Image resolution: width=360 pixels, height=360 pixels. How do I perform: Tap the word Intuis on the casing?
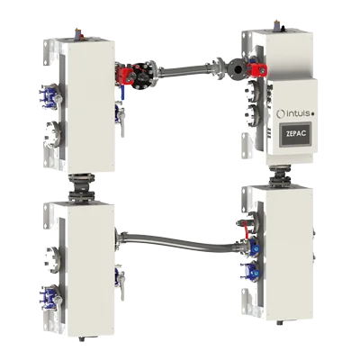tap(298, 114)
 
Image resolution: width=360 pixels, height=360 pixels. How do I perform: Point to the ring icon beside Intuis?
tap(281, 114)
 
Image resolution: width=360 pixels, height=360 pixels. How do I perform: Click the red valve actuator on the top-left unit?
tap(123, 74)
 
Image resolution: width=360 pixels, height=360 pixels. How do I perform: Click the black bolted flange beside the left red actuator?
tap(142, 76)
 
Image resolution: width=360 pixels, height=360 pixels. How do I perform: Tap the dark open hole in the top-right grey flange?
tap(238, 69)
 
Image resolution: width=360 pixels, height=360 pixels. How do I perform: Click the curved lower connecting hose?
tap(180, 240)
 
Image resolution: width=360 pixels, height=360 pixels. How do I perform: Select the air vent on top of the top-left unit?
tap(78, 34)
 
